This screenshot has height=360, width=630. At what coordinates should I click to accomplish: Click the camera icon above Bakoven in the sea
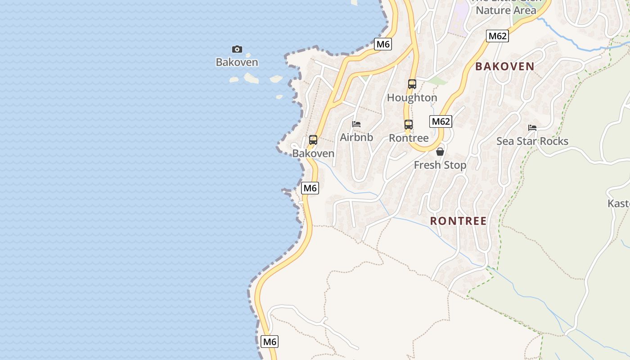(237, 49)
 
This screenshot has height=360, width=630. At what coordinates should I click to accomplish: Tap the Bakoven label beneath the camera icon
(237, 62)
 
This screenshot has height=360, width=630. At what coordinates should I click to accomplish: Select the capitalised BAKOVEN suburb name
(505, 67)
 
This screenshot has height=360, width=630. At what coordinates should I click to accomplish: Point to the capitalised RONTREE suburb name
(459, 221)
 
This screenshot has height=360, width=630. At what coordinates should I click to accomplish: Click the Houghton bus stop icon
(412, 84)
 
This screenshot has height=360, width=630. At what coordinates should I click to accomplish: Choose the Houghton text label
(412, 98)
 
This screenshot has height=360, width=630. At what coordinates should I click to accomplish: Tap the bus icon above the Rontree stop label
(408, 125)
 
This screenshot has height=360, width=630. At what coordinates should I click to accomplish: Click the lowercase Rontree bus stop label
(409, 138)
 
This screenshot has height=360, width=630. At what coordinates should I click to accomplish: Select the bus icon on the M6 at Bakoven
(313, 140)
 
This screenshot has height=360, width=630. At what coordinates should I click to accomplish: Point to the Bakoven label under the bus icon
(313, 153)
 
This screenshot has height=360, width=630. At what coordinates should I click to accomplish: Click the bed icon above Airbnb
(356, 124)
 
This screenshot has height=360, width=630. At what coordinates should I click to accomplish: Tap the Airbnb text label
(356, 137)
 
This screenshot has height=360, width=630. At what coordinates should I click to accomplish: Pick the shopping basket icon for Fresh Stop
(440, 152)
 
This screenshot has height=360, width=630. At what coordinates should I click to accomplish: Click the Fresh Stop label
(440, 165)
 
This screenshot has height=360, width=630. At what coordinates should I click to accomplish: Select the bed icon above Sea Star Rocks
(532, 128)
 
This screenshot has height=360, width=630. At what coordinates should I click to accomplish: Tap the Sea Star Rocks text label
(532, 141)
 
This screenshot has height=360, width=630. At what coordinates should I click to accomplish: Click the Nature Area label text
(506, 10)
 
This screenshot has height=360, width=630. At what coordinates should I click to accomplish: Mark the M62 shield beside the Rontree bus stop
(441, 121)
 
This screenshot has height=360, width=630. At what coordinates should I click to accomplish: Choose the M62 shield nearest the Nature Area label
(497, 36)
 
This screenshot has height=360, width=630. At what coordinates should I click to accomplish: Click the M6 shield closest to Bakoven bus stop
(310, 188)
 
